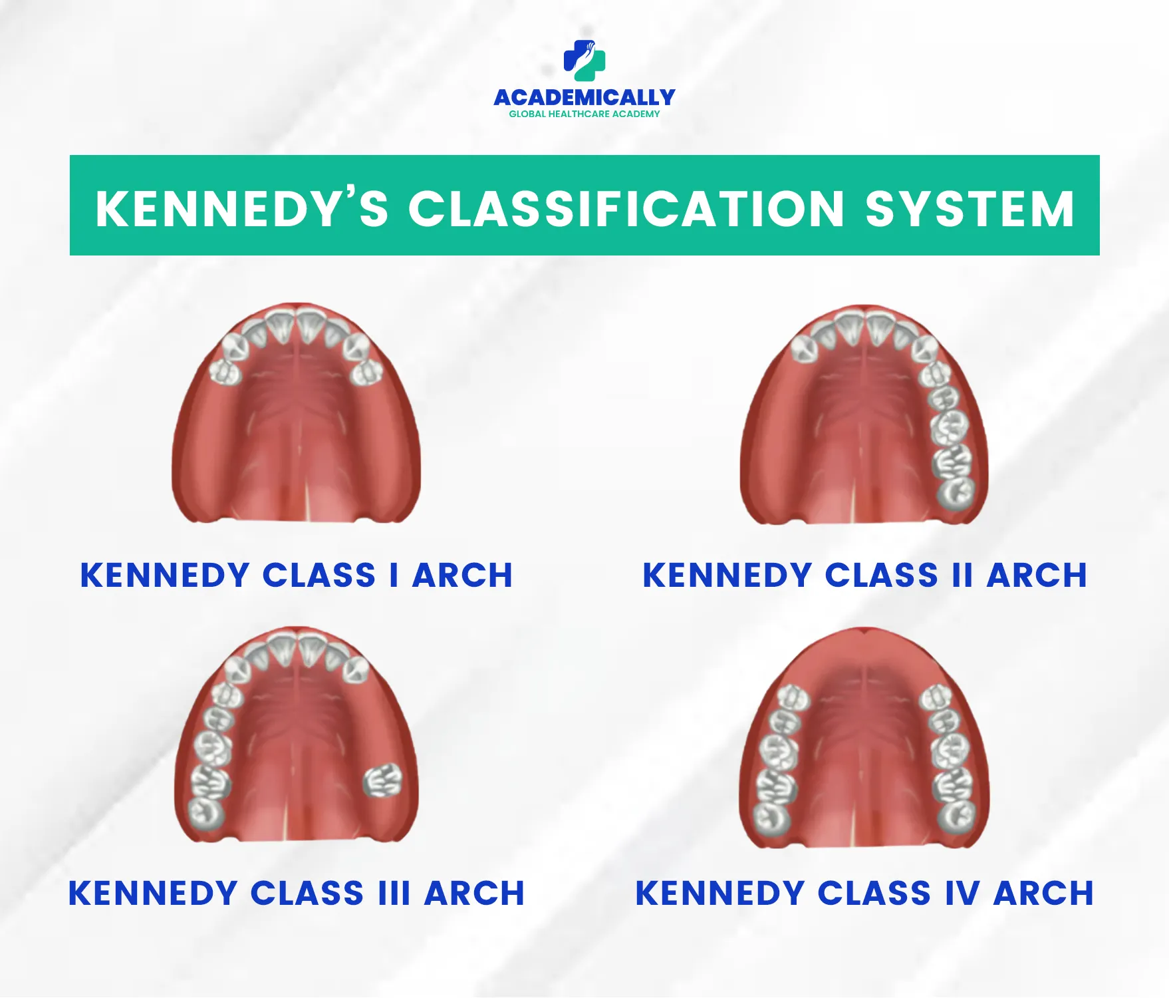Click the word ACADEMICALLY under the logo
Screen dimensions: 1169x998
pyautogui.click(x=584, y=98)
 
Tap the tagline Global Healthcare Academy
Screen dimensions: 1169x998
pyautogui.click(x=584, y=114)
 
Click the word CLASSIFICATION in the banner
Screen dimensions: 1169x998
pyautogui.click(x=626, y=208)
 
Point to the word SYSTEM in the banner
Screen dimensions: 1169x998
pyautogui.click(x=970, y=208)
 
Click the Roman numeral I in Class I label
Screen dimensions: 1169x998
pyautogui.click(x=394, y=576)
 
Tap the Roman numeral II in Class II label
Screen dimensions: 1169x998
pyautogui.click(x=962, y=576)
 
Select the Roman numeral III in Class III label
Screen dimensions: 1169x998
pyautogui.click(x=394, y=893)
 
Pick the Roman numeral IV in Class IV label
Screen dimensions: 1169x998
pyautogui.click(x=962, y=893)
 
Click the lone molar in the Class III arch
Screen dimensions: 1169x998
pyautogui.click(x=383, y=780)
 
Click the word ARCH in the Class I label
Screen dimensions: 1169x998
pyautogui.click(x=463, y=576)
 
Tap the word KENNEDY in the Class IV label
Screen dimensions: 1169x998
pyautogui.click(x=720, y=893)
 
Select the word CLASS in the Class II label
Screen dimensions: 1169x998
pyautogui.click(x=881, y=576)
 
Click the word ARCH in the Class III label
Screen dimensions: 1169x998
pyautogui.click(x=475, y=893)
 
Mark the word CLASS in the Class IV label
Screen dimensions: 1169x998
pyautogui.click(x=874, y=893)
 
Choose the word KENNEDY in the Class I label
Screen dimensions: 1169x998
pyautogui.click(x=164, y=576)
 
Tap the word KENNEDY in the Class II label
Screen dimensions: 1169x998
pyautogui.click(x=727, y=576)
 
